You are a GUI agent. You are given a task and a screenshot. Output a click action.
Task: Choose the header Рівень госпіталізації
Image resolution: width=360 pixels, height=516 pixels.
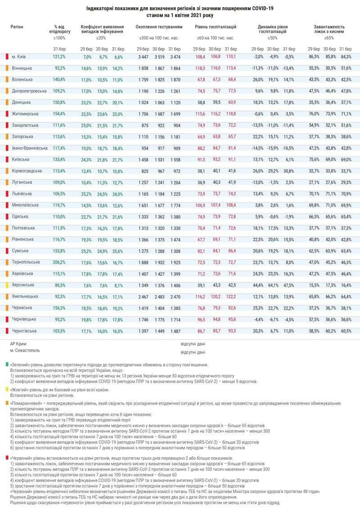pyautogui.click(x=216, y=27)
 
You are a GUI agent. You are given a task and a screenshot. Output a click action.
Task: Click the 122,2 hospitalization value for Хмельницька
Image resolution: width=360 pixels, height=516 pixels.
pyautogui.click(x=230, y=296)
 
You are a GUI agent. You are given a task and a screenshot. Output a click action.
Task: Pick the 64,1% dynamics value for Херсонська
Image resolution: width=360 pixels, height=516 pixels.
pyautogui.click(x=273, y=285)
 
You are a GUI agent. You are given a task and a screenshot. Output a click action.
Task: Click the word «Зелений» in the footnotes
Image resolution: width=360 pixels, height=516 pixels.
pyautogui.click(x=20, y=364)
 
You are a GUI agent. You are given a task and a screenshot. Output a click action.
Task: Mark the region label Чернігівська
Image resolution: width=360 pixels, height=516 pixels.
pyautogui.click(x=27, y=330)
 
